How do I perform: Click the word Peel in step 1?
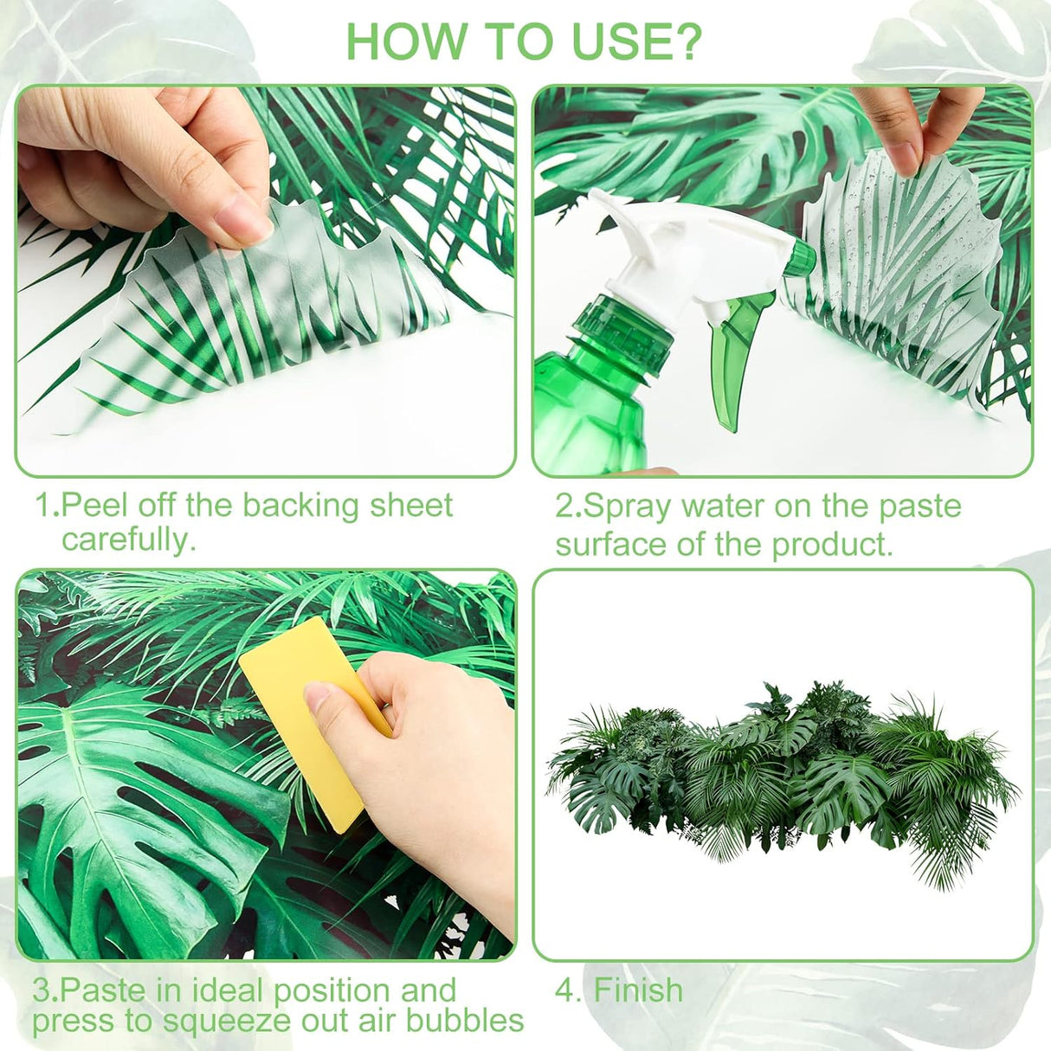96,506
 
